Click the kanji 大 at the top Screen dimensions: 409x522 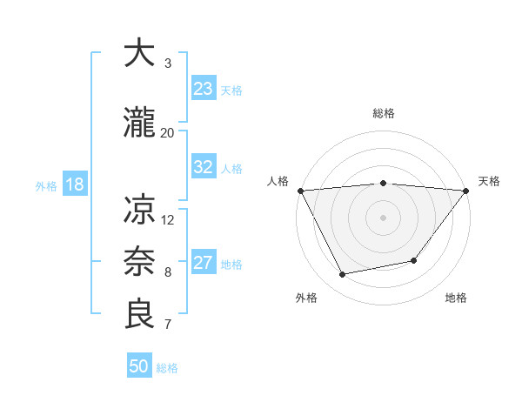tap(140, 54)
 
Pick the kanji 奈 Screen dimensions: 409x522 tap(140, 262)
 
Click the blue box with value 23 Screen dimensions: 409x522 tap(203, 89)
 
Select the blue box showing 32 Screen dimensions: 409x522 tap(203, 167)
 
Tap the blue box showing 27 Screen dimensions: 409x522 tap(203, 263)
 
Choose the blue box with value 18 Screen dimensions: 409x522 tap(74, 184)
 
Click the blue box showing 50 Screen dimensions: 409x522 tap(139, 366)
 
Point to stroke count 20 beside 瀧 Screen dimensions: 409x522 tap(168, 132)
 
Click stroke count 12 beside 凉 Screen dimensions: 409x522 tap(169, 219)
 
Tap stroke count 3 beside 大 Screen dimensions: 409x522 tap(168, 64)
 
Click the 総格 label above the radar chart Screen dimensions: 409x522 tap(384, 113)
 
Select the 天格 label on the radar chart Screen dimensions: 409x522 tap(489, 181)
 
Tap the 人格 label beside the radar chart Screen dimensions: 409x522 tap(278, 181)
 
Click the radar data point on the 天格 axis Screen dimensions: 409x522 tap(466, 191)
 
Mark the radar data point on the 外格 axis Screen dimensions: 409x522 tap(343, 275)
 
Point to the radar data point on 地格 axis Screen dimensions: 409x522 tap(414, 260)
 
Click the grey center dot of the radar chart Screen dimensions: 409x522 tap(383, 218)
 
